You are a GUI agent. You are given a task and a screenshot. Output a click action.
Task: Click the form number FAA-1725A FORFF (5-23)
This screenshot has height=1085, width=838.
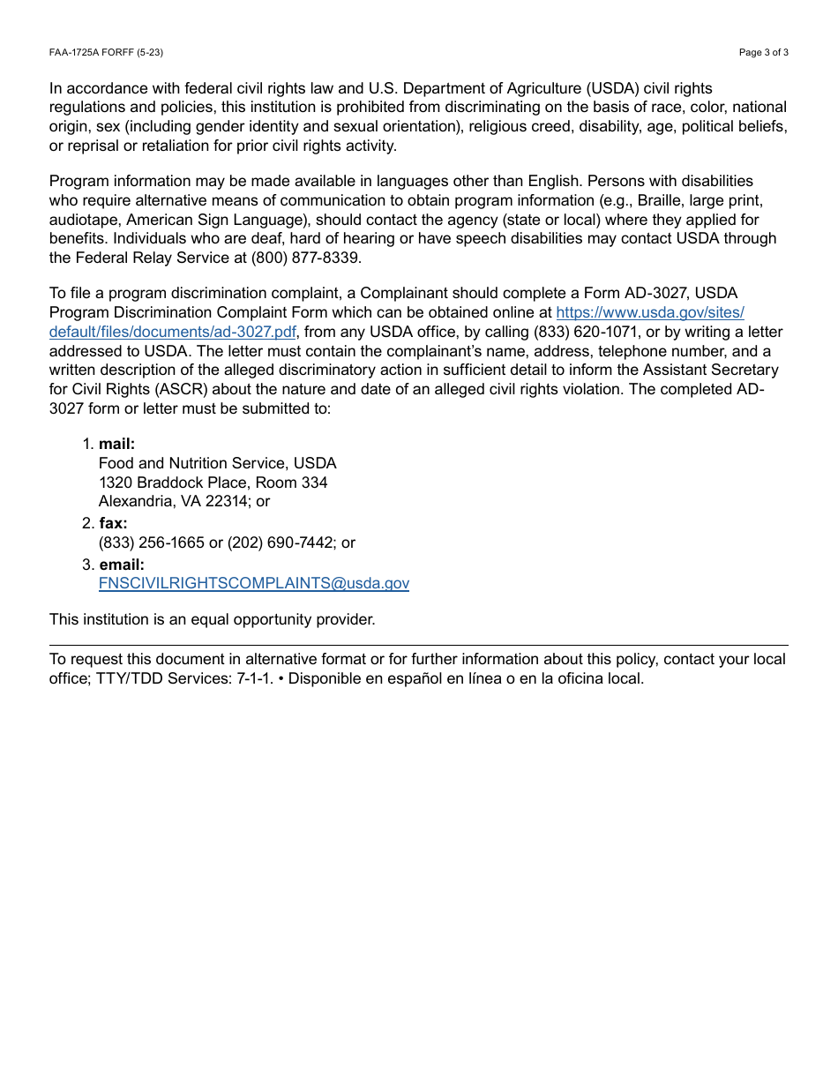[106, 53]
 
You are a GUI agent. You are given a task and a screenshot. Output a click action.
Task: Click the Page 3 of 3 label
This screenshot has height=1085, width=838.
[763, 53]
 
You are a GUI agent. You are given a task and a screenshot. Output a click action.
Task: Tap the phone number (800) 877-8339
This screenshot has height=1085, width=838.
[306, 258]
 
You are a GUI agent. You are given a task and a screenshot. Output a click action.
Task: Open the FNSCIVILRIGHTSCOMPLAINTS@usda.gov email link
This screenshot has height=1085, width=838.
[254, 583]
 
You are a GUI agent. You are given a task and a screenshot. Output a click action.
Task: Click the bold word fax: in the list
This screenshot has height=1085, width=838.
[113, 523]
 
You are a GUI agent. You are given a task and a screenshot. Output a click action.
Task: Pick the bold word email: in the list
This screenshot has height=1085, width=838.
[122, 564]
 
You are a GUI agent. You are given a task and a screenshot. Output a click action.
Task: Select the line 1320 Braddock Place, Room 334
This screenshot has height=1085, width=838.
[213, 483]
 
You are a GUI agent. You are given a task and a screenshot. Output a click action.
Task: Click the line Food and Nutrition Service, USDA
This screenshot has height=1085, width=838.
[217, 463]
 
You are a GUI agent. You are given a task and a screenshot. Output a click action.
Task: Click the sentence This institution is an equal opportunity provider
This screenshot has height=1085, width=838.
[212, 619]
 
